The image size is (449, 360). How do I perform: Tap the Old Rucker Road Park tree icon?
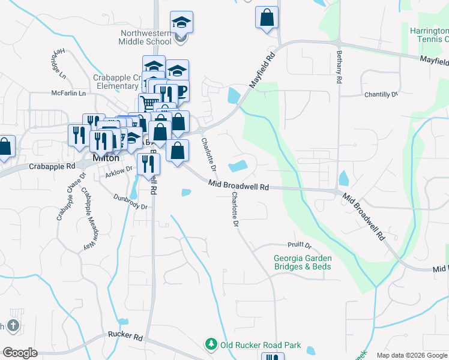pos(211,344)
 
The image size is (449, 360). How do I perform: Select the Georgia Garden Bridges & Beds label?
pos(303,262)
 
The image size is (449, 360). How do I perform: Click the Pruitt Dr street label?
pos(300,245)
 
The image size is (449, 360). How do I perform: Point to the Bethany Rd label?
pos(339,67)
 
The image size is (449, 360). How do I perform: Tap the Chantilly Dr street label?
pos(381,95)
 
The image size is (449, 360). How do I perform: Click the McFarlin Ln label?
pos(68,94)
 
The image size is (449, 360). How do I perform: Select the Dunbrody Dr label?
pos(130,202)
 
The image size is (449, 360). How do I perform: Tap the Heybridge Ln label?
pos(58,62)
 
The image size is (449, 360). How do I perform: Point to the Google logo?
pos(20,353)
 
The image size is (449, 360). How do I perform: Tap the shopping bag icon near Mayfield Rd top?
pos(267,18)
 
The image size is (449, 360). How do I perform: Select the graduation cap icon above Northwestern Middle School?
pos(181,23)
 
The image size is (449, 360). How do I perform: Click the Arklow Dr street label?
pos(119,171)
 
